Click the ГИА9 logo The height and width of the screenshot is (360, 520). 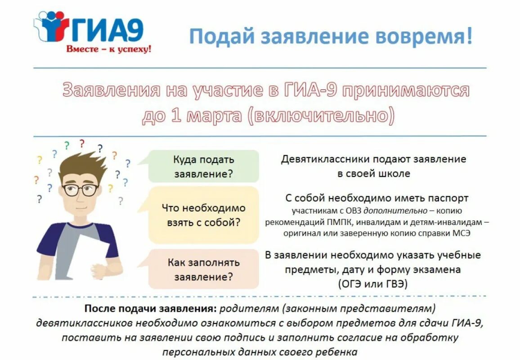click(90, 28)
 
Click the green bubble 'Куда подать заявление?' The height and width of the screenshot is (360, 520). click(204, 166)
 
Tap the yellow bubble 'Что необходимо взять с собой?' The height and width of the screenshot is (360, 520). click(204, 215)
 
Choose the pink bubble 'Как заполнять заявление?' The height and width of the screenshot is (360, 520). click(204, 269)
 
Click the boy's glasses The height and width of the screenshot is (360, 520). click(81, 189)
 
